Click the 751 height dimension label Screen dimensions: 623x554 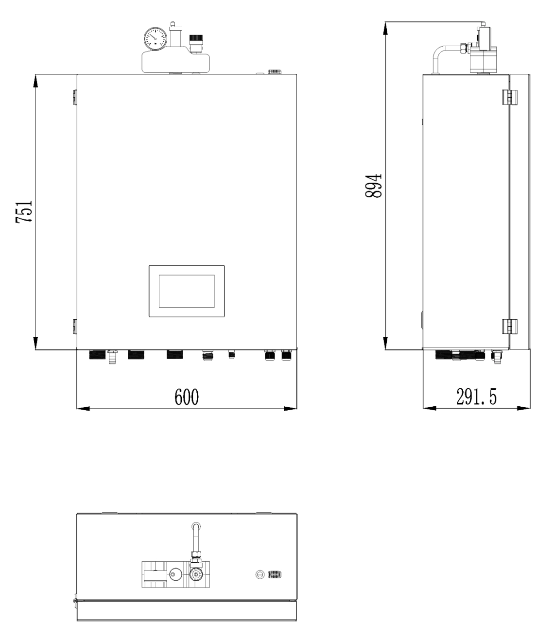(x=24, y=211)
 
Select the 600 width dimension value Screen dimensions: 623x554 (x=187, y=397)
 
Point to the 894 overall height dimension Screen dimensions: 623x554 (x=374, y=185)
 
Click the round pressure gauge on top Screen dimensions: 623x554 (x=156, y=37)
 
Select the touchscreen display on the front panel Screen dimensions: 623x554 (x=187, y=291)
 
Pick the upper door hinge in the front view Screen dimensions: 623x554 (x=74, y=97)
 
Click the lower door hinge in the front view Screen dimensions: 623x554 (x=74, y=326)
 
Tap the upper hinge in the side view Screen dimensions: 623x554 (x=507, y=97)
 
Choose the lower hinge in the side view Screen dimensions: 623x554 (x=507, y=326)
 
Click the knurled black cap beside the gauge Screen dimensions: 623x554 (x=196, y=38)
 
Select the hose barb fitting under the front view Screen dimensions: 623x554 (x=113, y=357)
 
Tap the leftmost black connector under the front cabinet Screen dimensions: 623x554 (x=97, y=355)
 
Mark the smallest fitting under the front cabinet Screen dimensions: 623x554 (x=232, y=355)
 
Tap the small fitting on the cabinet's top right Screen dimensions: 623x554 (x=274, y=72)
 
